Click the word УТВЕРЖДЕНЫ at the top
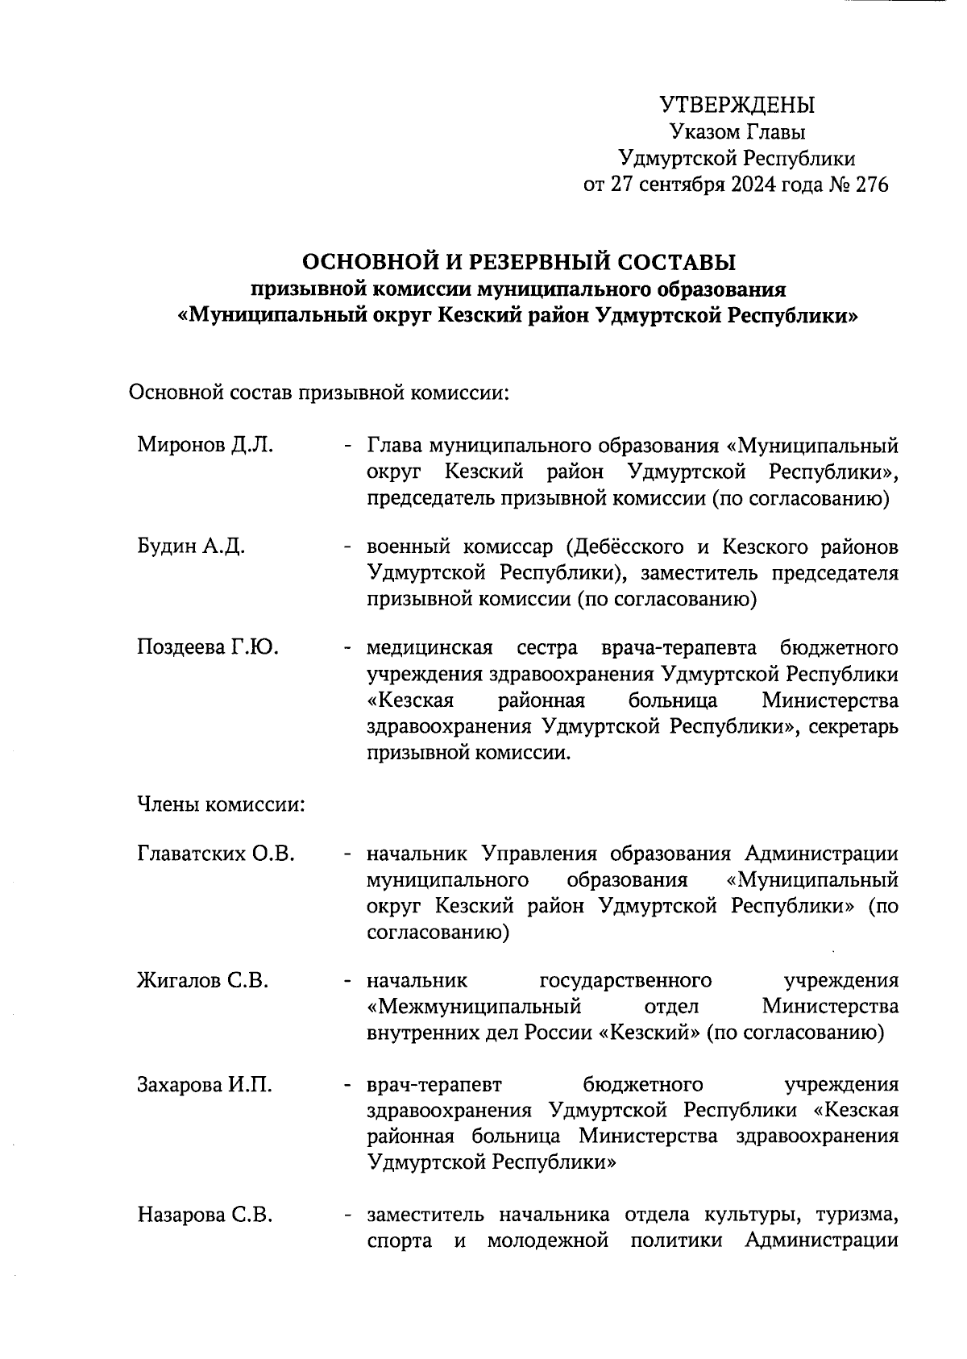pyautogui.click(x=737, y=106)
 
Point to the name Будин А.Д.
pyautogui.click(x=191, y=547)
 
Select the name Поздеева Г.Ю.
pyautogui.click(x=208, y=647)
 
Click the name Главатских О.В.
pyautogui.click(x=217, y=854)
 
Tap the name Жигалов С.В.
pyautogui.click(x=202, y=981)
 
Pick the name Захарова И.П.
pyautogui.click(x=205, y=1085)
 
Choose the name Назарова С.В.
pyautogui.click(x=205, y=1214)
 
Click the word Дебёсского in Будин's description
pyautogui.click(x=626, y=547)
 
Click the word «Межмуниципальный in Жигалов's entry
pyautogui.click(x=474, y=1007)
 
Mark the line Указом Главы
pyautogui.click(x=737, y=132)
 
